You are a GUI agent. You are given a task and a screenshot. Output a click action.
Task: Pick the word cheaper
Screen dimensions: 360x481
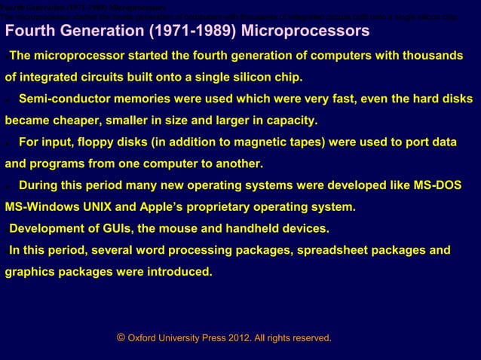83,120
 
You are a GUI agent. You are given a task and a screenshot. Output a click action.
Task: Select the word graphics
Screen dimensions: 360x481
31,271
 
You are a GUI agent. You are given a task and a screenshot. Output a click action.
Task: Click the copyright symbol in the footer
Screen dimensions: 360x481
121,337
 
